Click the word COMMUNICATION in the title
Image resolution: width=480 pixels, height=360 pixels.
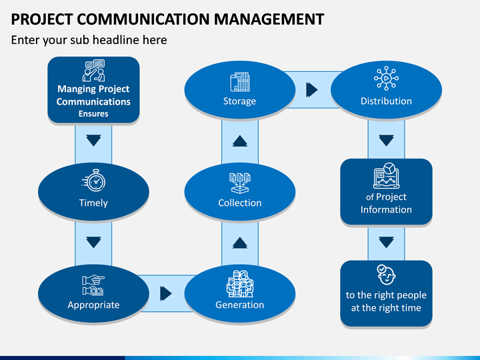143,19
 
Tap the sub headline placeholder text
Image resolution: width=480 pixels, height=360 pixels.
89,40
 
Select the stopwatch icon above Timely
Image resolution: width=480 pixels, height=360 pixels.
94,181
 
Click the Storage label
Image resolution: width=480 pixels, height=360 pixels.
240,101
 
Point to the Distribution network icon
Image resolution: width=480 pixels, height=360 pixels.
386,79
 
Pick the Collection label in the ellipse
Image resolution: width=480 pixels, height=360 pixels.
240,203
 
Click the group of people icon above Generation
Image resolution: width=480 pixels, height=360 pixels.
240,284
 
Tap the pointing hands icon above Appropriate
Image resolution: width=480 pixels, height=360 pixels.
93,285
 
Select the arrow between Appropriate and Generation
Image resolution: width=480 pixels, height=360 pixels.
166,293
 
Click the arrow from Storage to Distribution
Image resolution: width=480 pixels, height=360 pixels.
312,90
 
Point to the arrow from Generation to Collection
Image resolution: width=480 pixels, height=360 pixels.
240,243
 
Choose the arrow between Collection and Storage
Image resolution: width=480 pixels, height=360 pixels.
240,141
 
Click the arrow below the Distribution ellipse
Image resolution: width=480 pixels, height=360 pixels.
386,141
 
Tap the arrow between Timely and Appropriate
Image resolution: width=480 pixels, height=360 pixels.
93,243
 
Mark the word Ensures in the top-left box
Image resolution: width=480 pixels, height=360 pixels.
93,114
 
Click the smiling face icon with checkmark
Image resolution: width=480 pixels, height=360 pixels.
386,275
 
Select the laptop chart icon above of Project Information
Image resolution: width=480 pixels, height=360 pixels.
386,175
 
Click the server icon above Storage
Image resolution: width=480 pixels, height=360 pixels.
240,82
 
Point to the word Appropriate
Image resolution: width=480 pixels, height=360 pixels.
93,305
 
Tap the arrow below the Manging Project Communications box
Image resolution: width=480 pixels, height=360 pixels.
93,141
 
